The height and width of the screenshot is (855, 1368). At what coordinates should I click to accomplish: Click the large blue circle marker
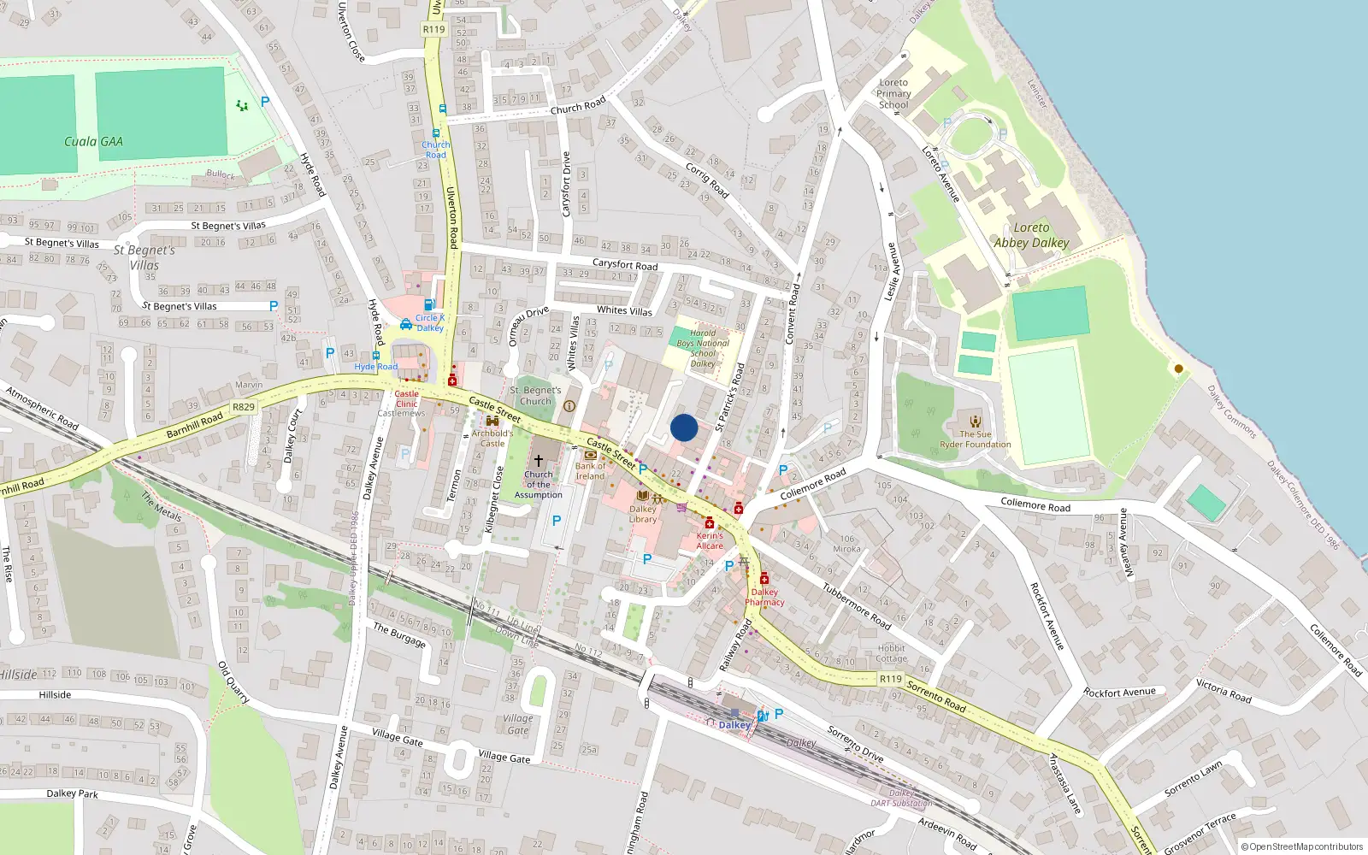tap(684, 427)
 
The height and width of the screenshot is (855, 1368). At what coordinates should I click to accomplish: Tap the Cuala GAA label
tap(93, 141)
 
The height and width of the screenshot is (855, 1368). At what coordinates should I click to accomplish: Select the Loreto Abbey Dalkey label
tap(1031, 235)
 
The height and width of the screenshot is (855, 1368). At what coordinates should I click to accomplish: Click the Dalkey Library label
tap(643, 514)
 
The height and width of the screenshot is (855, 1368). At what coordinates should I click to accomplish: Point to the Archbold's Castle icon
tap(492, 421)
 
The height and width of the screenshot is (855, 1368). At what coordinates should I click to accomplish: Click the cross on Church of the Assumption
tap(539, 460)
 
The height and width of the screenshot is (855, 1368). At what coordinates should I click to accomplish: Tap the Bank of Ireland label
tap(590, 471)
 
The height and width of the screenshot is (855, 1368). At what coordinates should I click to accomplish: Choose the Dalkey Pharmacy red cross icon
tap(764, 579)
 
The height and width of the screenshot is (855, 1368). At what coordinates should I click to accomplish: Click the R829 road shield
tap(244, 407)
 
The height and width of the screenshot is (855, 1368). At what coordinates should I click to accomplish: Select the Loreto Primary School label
tap(893, 94)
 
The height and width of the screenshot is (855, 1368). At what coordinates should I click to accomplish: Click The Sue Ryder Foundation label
tap(976, 439)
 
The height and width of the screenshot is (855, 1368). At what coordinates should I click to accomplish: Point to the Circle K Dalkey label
tap(430, 322)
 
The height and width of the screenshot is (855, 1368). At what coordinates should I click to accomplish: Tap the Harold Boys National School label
tap(703, 348)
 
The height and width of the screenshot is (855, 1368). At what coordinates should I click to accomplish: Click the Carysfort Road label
tap(625, 265)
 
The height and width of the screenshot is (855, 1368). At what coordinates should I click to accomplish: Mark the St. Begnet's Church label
tap(536, 396)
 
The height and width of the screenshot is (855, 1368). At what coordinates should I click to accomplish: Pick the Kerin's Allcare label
tap(710, 540)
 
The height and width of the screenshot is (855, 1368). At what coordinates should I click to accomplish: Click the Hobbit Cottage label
tap(891, 653)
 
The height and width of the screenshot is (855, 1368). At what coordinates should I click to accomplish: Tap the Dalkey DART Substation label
tap(901, 799)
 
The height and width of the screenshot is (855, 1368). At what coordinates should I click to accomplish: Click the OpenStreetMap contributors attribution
tap(1302, 846)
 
